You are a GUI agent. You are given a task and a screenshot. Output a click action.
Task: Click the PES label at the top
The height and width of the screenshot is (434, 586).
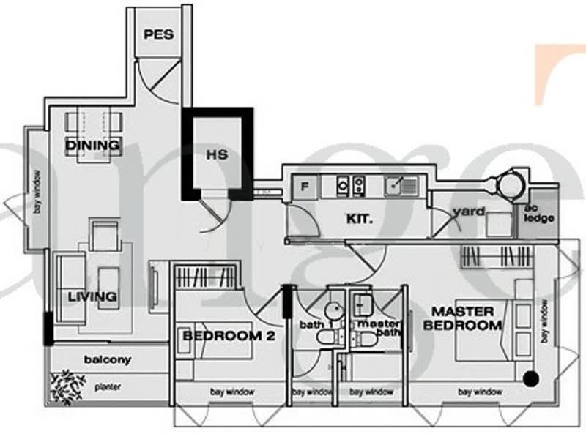(x=158, y=34)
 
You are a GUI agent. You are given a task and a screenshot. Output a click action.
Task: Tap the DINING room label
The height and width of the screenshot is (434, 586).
(x=92, y=145)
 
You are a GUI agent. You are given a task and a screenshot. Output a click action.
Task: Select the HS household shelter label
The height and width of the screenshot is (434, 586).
(x=217, y=155)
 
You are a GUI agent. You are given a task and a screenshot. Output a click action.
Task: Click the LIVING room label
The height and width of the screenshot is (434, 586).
(x=92, y=296)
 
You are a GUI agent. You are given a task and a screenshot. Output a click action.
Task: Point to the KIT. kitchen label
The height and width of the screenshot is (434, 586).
(x=360, y=217)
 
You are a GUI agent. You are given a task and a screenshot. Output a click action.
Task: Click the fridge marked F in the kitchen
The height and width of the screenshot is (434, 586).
(x=304, y=187)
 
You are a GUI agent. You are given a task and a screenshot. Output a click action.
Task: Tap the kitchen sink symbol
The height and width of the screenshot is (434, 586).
(x=401, y=186)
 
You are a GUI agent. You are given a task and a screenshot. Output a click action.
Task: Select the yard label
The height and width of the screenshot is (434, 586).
(x=470, y=212)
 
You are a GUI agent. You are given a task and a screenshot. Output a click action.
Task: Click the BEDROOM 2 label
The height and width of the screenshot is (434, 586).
(x=223, y=335)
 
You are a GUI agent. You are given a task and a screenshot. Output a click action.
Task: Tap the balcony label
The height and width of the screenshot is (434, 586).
(x=107, y=359)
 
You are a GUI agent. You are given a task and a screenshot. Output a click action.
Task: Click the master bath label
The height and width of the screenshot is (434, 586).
(x=378, y=328)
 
